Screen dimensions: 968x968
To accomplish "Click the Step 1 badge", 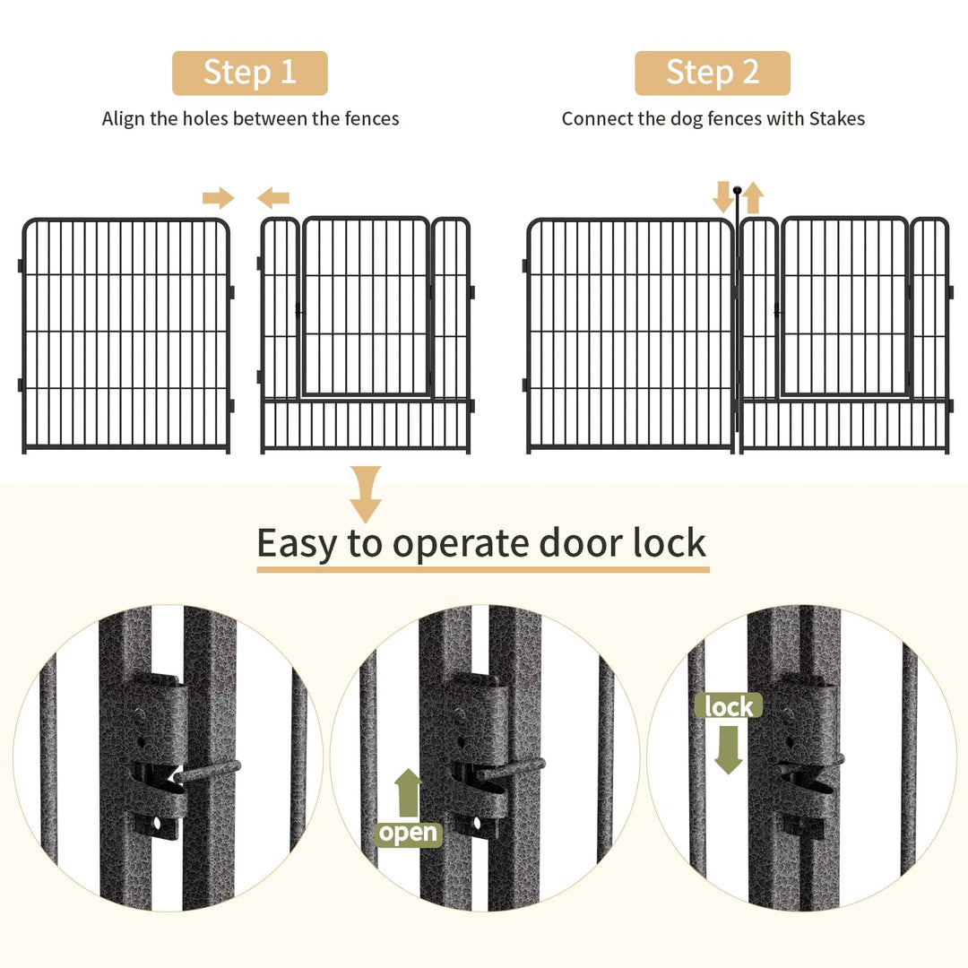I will click(x=250, y=73).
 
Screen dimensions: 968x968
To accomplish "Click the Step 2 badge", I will click(x=713, y=73).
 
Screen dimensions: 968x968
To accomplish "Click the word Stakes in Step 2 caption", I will click(x=837, y=118).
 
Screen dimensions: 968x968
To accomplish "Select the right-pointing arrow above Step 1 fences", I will click(x=218, y=198).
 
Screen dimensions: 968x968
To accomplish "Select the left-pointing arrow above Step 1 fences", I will click(x=273, y=198).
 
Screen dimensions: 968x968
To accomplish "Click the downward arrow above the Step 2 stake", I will click(x=722, y=196).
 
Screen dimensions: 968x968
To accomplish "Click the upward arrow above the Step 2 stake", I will click(x=753, y=197).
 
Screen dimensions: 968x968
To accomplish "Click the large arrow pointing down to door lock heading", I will click(x=365, y=494).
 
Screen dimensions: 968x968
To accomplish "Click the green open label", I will click(x=408, y=834).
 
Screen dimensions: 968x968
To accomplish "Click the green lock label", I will click(x=728, y=706).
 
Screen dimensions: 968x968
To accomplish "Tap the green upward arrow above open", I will click(x=408, y=792).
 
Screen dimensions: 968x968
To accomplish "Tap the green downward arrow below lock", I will click(x=728, y=748).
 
